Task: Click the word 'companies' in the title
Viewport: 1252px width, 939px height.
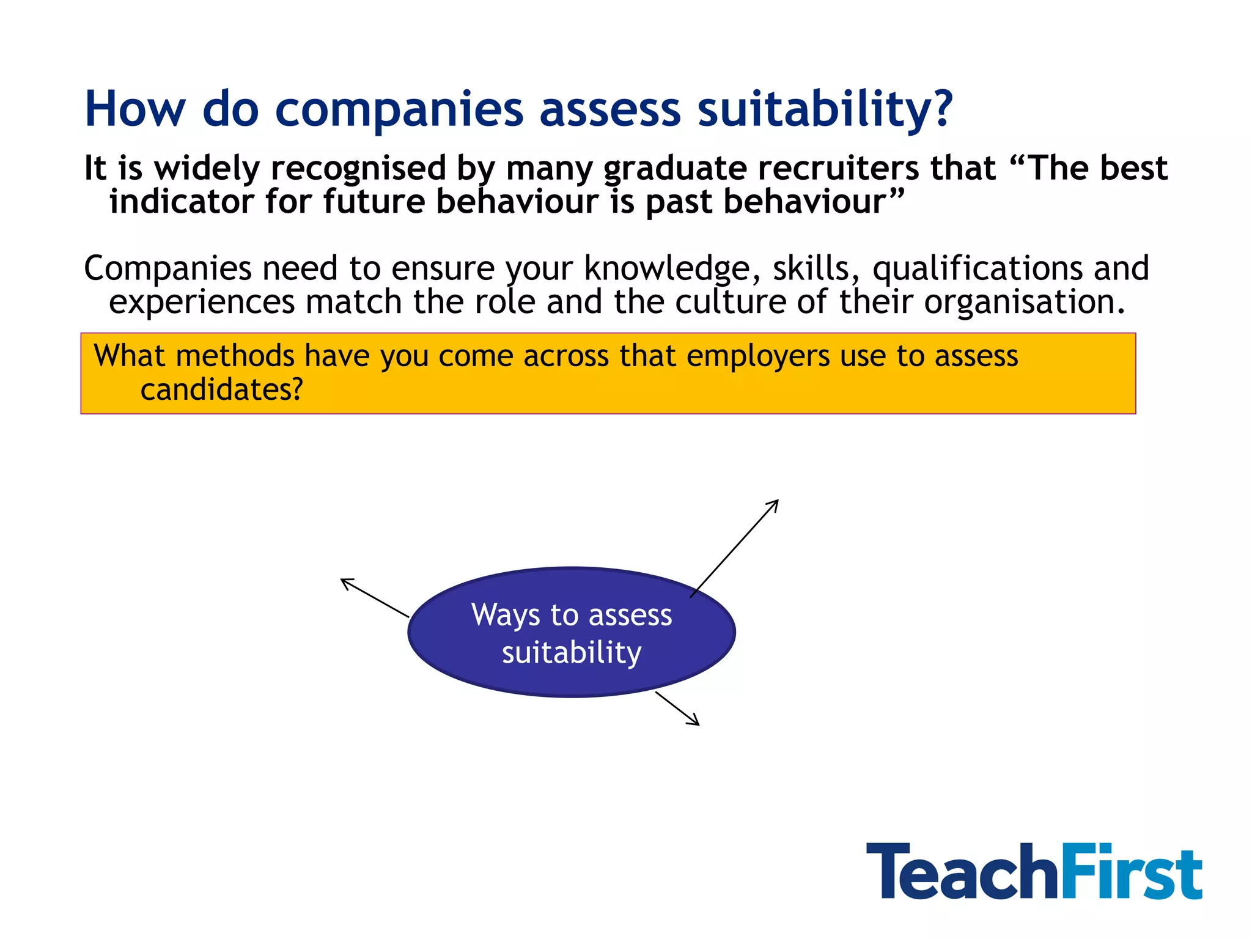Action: (399, 110)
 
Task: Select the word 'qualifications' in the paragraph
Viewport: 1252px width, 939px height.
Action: (977, 269)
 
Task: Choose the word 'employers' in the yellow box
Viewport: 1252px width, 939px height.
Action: (758, 356)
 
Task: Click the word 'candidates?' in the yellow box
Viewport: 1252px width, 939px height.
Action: (221, 389)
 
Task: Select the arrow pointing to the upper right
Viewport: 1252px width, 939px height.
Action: (734, 548)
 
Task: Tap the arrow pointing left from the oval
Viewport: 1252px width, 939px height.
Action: (374, 597)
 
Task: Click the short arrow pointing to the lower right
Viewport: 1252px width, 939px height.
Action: (677, 709)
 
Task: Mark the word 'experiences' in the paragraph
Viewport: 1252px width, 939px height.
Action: (202, 302)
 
